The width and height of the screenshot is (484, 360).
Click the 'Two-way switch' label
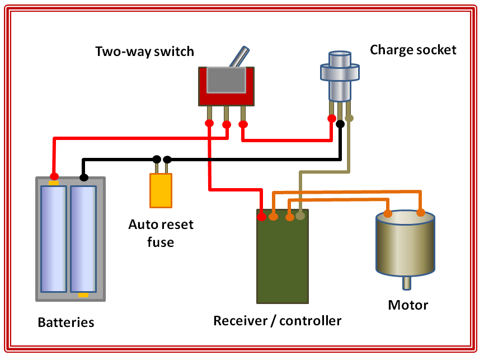coord(144,52)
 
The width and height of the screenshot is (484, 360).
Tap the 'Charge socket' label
coord(413,50)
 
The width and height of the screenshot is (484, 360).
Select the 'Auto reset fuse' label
coord(161,233)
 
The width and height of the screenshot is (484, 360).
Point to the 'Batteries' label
coord(66,322)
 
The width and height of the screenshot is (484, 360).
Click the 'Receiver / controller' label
coord(277,321)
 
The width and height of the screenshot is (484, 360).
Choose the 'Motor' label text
coord(408,305)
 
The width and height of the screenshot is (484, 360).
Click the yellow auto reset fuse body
coord(161,190)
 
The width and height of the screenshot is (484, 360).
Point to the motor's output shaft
coord(407,283)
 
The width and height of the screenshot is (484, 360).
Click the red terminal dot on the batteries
coord(54,176)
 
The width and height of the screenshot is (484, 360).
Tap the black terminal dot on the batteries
coord(83,177)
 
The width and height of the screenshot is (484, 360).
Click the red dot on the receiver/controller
coord(262,213)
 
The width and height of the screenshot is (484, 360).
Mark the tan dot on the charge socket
coord(349,118)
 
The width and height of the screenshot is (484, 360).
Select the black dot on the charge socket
coord(340,123)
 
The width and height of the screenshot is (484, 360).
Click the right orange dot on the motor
coord(421,212)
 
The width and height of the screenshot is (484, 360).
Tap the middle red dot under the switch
coord(226,124)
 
